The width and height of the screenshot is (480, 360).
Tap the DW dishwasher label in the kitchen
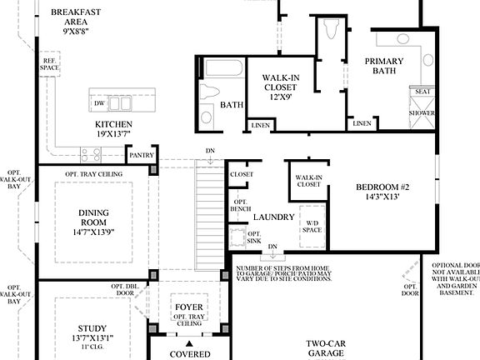click(x=99, y=103)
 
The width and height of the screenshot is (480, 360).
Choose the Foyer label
click(x=187, y=307)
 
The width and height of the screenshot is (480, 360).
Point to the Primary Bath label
click(x=383, y=67)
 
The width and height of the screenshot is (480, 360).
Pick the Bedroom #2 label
click(x=382, y=187)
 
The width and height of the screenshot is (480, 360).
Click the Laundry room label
click(x=274, y=217)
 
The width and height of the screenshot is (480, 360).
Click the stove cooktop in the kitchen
click(x=90, y=153)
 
